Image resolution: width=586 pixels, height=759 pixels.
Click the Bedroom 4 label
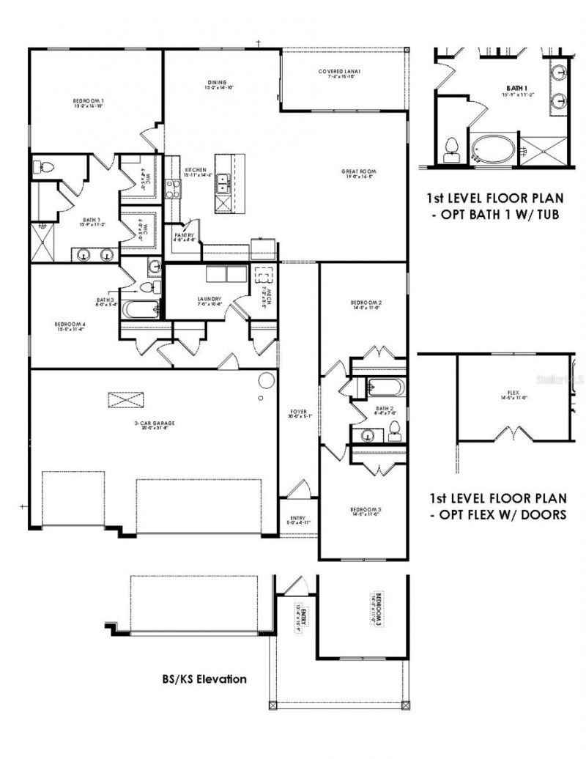point(70,326)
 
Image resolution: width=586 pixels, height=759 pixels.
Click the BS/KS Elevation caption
point(204,679)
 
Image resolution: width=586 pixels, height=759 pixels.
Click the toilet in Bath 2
point(394,431)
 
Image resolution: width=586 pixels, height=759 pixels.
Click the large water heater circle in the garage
point(266,381)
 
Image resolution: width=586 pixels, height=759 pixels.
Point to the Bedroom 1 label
point(88,103)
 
